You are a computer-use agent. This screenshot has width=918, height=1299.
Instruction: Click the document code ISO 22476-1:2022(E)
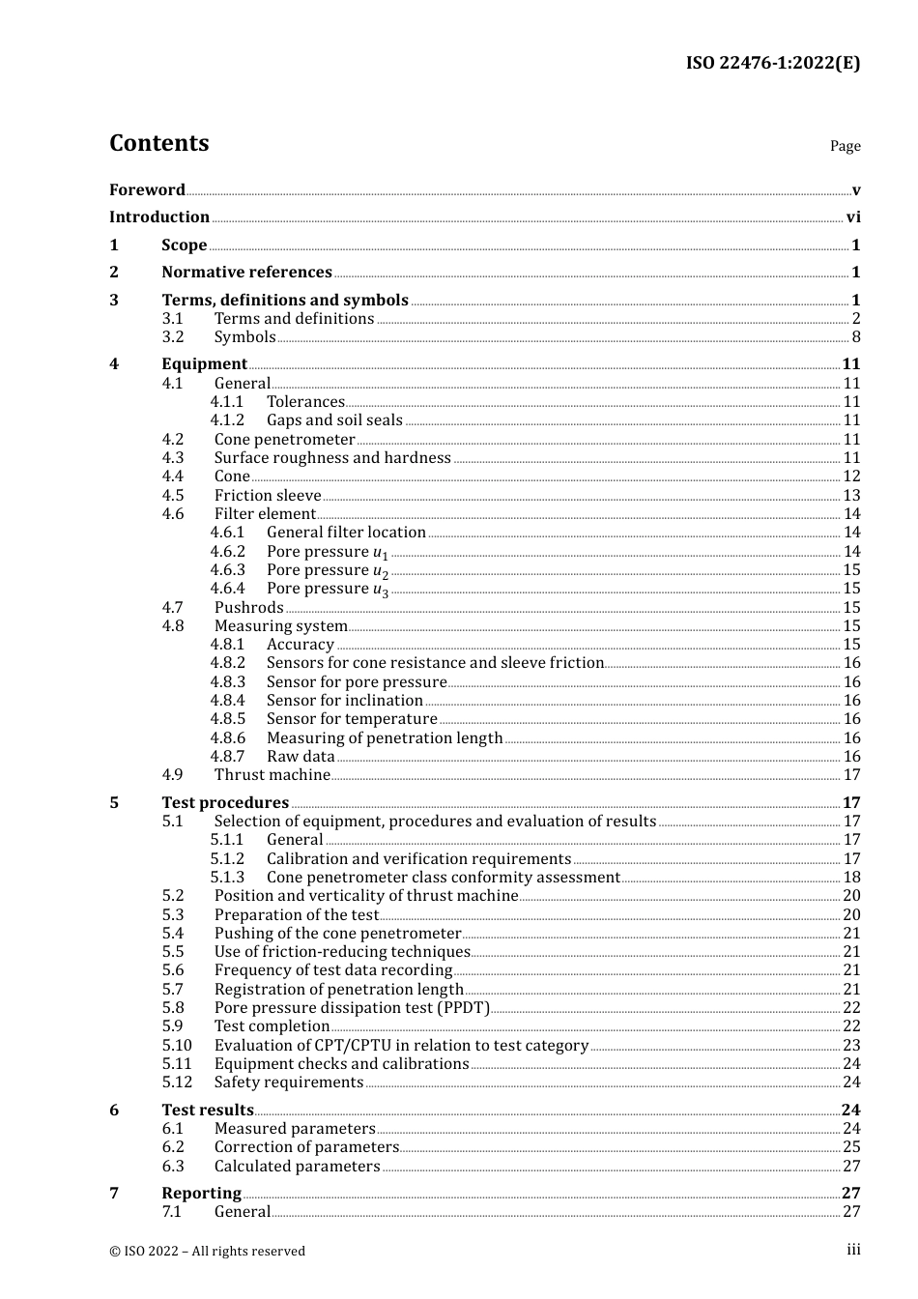point(772,63)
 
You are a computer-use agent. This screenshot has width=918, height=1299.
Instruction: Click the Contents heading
point(158,143)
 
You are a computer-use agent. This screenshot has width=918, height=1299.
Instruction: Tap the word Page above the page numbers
point(845,146)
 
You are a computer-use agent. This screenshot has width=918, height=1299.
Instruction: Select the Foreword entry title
point(147,189)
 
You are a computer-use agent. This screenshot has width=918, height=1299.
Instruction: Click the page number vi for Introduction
point(853,217)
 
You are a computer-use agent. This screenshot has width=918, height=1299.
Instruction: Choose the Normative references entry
point(246,273)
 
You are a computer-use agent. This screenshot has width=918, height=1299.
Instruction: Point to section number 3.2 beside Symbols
point(173,337)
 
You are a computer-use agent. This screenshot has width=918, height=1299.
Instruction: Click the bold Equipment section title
point(204,364)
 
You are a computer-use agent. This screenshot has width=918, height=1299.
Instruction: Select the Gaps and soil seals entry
point(334,420)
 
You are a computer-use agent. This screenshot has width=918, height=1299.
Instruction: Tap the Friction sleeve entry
point(268,496)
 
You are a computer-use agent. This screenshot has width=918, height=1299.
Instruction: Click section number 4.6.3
point(228,570)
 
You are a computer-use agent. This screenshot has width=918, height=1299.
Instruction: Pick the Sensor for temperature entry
point(352,719)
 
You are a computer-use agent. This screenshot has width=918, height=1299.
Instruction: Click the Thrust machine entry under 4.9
point(273,775)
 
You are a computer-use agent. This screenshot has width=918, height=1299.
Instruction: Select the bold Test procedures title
point(225,803)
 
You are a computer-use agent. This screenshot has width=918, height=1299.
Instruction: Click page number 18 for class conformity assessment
point(851,878)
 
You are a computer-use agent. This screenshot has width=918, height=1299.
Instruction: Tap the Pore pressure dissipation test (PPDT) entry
point(352,1008)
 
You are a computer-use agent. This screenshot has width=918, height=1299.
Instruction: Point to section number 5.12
point(177,1082)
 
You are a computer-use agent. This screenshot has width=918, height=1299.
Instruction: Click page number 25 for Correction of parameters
point(851,1147)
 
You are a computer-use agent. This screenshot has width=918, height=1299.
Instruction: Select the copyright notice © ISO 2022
point(207,1251)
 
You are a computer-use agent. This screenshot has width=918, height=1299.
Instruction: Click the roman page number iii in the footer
point(853,1250)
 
